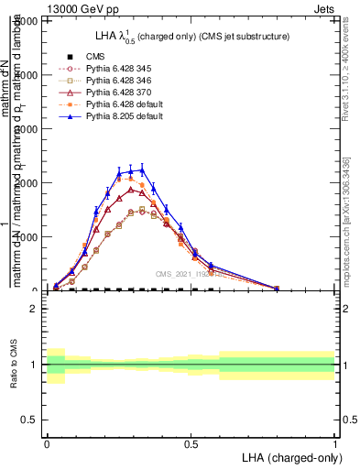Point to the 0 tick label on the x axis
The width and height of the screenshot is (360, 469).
coord(47,443)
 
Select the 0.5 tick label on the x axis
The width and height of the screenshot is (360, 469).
coord(191,443)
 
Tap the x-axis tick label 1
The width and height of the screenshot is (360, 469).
coord(335,443)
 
